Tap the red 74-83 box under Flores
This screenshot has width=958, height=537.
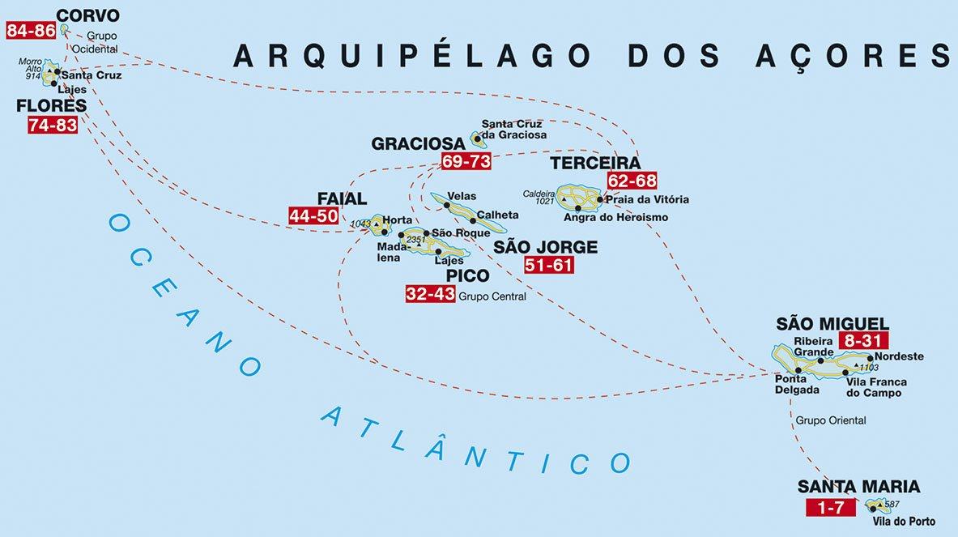(x=53, y=125)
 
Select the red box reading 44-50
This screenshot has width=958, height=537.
(x=314, y=216)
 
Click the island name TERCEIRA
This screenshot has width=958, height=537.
(x=595, y=164)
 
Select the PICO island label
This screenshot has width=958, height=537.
(x=467, y=275)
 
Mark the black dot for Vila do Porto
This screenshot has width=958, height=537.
(x=872, y=509)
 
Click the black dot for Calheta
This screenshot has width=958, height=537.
(x=473, y=220)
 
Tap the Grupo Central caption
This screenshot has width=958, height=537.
(x=492, y=296)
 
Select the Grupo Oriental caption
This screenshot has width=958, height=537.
(x=831, y=420)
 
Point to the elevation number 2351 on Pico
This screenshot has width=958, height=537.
(x=415, y=240)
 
